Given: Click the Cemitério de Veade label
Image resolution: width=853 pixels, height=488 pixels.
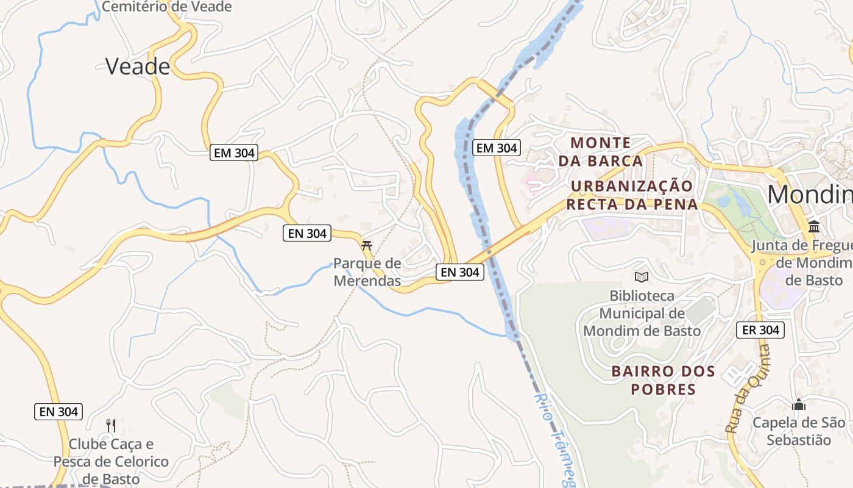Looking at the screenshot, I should coord(166,7).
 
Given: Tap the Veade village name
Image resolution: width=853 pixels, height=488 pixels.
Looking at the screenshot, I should coord(138,66).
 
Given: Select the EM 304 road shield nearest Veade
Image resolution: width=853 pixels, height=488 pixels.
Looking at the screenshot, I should coord(234,152).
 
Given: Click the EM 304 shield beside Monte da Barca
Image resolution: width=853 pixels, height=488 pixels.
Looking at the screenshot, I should coord(497,148).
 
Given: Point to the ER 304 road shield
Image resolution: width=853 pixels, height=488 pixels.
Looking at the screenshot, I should coord(760,330).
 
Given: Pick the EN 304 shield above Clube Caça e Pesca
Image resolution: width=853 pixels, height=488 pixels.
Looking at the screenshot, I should coord(58,412).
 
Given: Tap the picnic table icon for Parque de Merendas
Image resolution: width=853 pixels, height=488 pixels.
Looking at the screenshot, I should coord(367,245).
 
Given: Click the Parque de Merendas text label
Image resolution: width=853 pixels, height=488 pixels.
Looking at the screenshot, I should coord(367,272).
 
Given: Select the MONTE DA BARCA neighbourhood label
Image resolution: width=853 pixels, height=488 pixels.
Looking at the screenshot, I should coord(601,152).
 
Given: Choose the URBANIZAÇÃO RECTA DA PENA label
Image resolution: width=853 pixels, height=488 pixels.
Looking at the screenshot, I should coord(632,195).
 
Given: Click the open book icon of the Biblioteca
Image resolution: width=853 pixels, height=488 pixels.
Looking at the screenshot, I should coord(641,277).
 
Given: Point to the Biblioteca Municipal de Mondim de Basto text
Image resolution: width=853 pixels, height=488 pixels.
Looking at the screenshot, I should coord(642,314).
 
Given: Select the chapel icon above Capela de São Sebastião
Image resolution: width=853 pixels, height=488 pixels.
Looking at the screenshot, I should coord(799,404).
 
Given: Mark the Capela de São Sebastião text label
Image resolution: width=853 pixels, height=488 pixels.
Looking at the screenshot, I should coord(799,431).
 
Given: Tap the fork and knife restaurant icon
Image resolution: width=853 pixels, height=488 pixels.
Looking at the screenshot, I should coord(110,425).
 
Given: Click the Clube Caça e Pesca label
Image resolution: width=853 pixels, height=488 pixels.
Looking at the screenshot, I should coord(111,461).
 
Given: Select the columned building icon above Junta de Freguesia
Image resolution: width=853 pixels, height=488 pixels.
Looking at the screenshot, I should coord(813,227).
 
